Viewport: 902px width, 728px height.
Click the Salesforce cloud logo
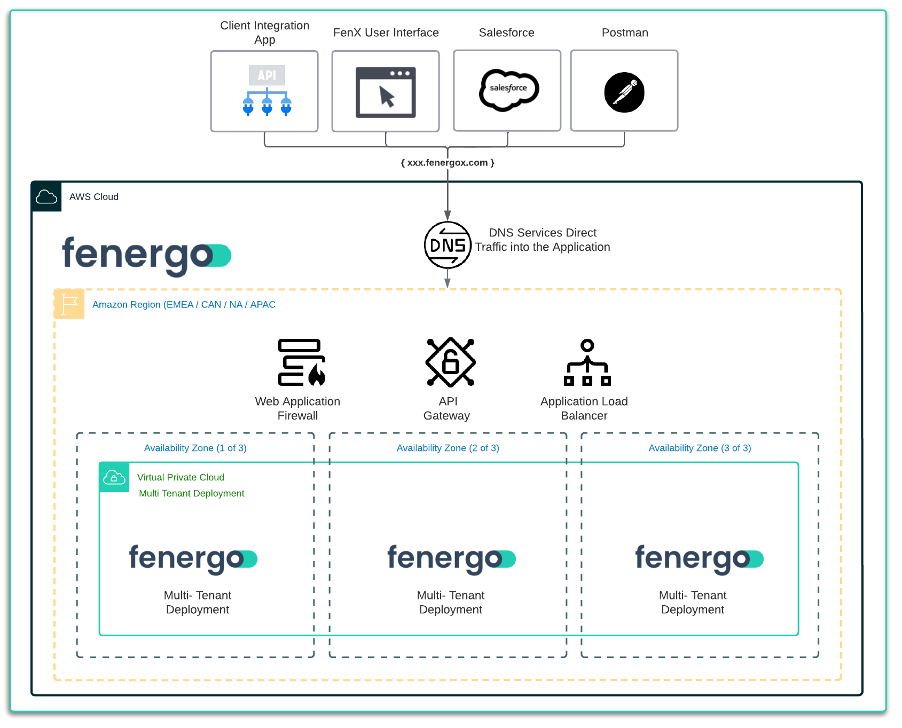pos(508,90)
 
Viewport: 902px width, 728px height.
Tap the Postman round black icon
pos(624,92)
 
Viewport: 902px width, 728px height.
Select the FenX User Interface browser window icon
pos(386,92)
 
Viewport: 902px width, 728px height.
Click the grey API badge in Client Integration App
pos(266,75)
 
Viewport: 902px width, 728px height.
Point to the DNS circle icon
pos(448,245)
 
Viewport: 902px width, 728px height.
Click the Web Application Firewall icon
pos(301,362)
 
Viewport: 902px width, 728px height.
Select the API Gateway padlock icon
pos(450,362)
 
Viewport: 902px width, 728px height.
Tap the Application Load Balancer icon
pos(587,362)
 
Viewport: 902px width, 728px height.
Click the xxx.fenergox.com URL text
pos(448,163)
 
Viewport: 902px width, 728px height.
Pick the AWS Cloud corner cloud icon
pos(46,197)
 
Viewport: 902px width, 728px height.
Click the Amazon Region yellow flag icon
pos(69,304)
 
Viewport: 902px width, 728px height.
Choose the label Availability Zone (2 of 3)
pos(448,448)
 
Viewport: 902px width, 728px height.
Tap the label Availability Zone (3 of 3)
pos(700,448)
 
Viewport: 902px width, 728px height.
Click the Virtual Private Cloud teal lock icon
pos(114,477)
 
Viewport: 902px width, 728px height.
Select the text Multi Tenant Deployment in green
pos(191,494)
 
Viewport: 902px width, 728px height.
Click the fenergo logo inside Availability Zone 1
pos(193,559)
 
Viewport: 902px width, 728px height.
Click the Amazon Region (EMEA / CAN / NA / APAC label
pos(184,305)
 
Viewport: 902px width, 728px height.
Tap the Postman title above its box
pos(625,33)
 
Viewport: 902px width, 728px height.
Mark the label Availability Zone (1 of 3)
pos(195,448)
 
